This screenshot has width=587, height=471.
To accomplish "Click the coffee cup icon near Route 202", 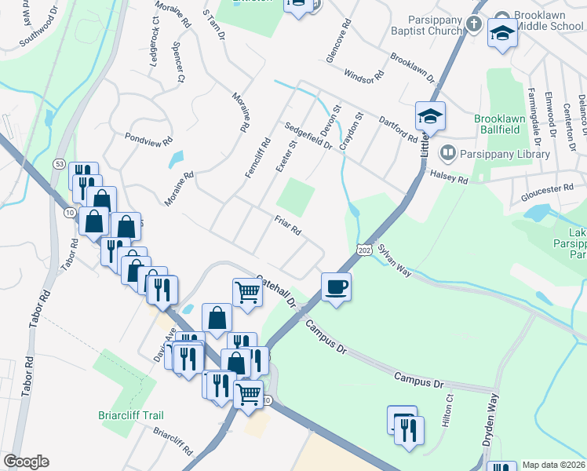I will click(336, 287).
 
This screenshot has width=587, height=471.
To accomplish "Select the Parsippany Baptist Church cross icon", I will click(473, 24).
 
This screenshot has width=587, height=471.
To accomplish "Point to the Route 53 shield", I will click(59, 163).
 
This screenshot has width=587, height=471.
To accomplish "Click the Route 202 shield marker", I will click(363, 249).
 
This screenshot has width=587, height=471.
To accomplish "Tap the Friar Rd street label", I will click(288, 226).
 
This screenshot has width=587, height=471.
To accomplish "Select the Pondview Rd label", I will click(148, 139).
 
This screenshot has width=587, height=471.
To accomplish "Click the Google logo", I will click(26, 462).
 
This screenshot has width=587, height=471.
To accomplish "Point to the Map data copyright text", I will click(554, 465).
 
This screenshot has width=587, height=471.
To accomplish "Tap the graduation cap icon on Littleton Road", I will click(430, 116).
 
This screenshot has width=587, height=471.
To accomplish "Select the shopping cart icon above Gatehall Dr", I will click(247, 292).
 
